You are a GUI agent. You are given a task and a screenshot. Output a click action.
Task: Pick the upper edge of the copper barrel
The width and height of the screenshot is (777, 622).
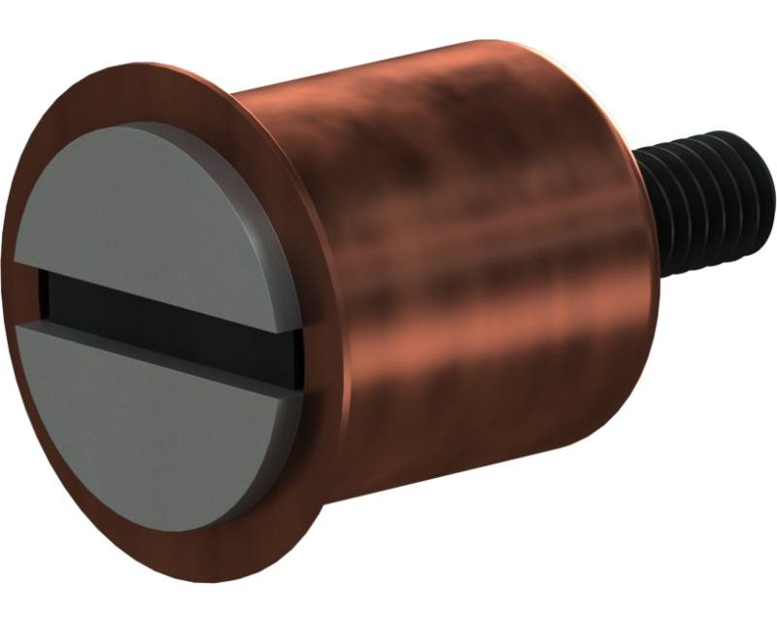tap(408, 63)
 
